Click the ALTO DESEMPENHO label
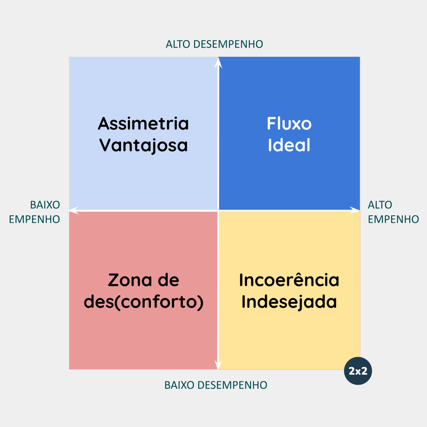[x=214, y=44]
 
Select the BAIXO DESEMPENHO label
[x=216, y=385]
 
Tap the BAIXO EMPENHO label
[x=35, y=212]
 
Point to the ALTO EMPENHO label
[x=393, y=212]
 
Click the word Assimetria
[x=143, y=123]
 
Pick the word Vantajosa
[x=143, y=145]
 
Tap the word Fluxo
[x=289, y=123]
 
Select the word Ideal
[x=289, y=145]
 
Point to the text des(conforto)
[x=143, y=302]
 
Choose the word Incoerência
[x=289, y=280]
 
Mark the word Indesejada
[x=289, y=302]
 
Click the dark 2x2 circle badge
[x=358, y=371]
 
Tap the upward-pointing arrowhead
[x=218, y=61]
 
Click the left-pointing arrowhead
[x=74, y=210]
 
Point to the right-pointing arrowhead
[x=355, y=210]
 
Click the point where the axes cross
[x=218, y=210]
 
